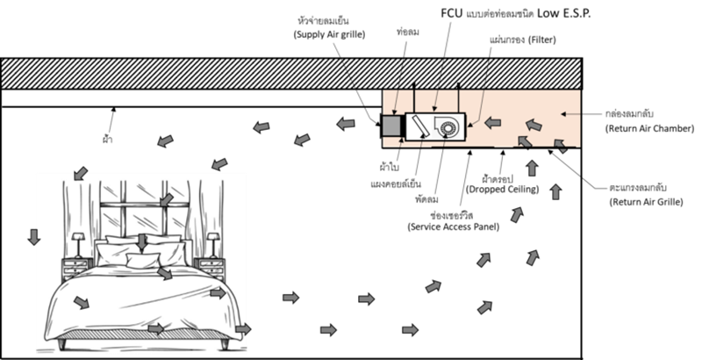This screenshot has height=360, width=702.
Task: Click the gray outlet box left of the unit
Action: tap(392, 127)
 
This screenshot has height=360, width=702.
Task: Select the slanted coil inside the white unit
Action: tap(420, 126)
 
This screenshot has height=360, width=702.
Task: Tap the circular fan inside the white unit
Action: tap(449, 128)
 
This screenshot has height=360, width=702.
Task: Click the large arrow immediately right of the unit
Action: tap(495, 123)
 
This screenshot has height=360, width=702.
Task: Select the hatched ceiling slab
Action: tap(290, 74)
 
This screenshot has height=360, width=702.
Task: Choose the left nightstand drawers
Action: tap(76, 268)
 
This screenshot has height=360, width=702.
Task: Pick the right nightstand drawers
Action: tap(211, 267)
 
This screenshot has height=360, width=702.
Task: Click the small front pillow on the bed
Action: tap(143, 261)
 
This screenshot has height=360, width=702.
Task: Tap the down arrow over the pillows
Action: tap(142, 241)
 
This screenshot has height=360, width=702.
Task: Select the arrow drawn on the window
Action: tap(166, 201)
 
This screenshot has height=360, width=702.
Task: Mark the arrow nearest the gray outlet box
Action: tap(347, 125)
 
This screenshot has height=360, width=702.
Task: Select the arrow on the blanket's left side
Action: tap(81, 303)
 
